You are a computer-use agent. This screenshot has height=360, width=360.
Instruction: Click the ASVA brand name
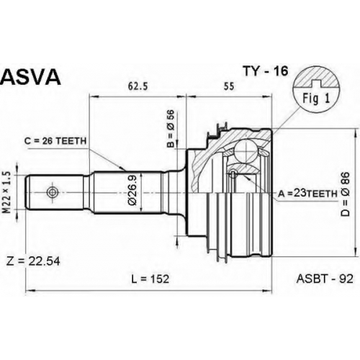[30, 77]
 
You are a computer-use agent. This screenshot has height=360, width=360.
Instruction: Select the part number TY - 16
[265, 71]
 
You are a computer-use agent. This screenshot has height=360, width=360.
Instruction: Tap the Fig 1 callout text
[316, 98]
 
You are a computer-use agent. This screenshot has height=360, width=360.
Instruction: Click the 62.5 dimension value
[138, 86]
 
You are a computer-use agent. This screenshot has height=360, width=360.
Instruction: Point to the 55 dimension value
[229, 86]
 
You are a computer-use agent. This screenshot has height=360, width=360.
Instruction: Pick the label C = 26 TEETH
[55, 141]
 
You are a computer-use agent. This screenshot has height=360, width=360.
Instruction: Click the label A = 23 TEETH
[307, 193]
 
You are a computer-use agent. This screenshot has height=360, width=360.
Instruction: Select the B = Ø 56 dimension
[171, 130]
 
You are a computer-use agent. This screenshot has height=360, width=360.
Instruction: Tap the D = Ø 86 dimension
[346, 194]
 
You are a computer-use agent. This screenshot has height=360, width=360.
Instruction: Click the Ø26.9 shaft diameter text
[132, 190]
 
